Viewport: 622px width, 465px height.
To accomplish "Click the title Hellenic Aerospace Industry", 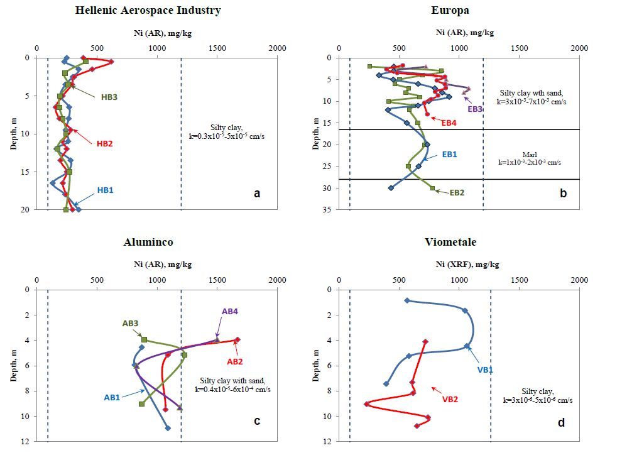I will pyautogui.click(x=148, y=10).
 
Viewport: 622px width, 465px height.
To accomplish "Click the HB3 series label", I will pyautogui.click(x=109, y=97).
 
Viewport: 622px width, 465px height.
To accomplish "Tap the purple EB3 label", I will pyautogui.click(x=476, y=108).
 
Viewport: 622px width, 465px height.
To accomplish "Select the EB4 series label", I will pyautogui.click(x=449, y=123).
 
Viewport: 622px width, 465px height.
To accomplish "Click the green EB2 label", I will pyautogui.click(x=457, y=192).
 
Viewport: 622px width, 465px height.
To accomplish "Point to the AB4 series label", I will pyautogui.click(x=231, y=311).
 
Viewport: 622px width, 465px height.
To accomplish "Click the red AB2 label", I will pyautogui.click(x=236, y=361).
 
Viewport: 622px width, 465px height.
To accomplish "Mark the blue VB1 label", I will pyautogui.click(x=485, y=369).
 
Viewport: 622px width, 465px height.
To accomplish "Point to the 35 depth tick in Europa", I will pyautogui.click(x=329, y=210).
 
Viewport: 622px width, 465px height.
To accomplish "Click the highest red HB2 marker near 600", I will pyautogui.click(x=111, y=62).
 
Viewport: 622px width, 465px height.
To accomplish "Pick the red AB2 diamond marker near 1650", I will pyautogui.click(x=237, y=340).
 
